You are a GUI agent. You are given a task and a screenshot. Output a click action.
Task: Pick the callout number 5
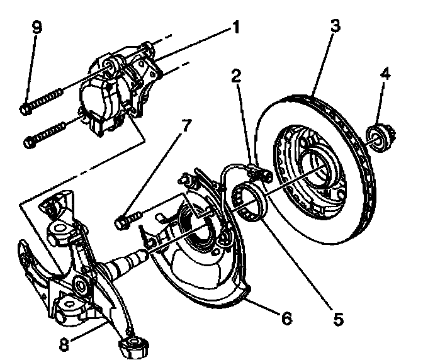(338, 318)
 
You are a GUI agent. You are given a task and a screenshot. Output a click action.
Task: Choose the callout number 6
(287, 318)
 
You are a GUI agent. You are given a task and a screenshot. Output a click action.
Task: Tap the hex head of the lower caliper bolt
(30, 142)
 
